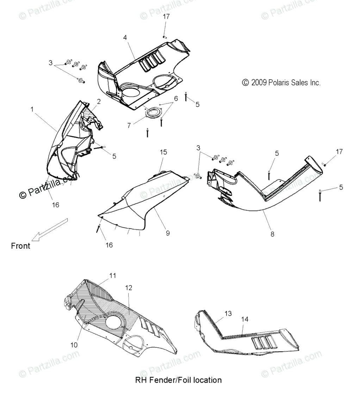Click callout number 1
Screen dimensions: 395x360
32,110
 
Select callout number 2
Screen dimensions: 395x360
99,101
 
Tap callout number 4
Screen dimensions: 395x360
125,37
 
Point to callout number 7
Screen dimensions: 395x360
129,125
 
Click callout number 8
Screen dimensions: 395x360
272,234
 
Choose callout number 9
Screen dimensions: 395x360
168,233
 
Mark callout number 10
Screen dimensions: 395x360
74,345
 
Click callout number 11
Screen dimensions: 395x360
113,276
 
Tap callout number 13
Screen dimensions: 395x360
228,313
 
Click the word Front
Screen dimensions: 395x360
20,246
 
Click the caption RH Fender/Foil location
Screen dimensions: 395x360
178,380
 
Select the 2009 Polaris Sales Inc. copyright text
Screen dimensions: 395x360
281,83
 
